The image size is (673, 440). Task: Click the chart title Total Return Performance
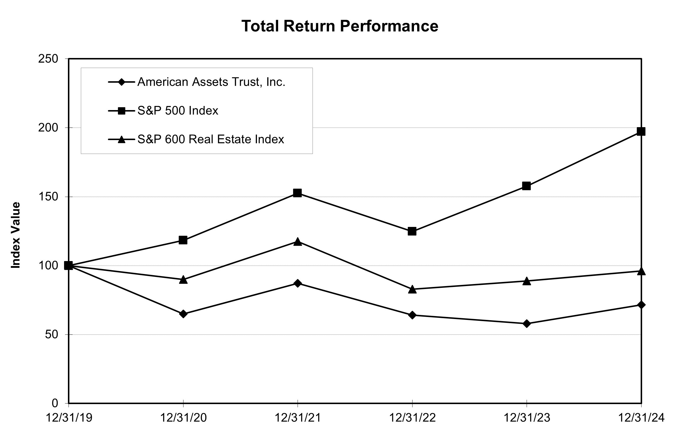340,26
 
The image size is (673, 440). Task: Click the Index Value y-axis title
16,235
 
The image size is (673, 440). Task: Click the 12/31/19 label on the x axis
69,418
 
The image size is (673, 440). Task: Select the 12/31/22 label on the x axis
412,418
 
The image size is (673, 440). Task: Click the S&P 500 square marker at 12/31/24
641,131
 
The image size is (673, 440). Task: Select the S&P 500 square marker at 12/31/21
298,193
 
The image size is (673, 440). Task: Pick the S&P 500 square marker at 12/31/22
412,231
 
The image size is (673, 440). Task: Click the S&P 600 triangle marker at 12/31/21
298,242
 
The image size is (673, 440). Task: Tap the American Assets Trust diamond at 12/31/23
527,324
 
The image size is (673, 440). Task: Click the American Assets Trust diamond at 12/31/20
183,314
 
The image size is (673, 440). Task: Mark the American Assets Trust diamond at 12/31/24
641,305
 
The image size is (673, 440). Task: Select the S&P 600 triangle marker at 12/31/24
641,271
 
